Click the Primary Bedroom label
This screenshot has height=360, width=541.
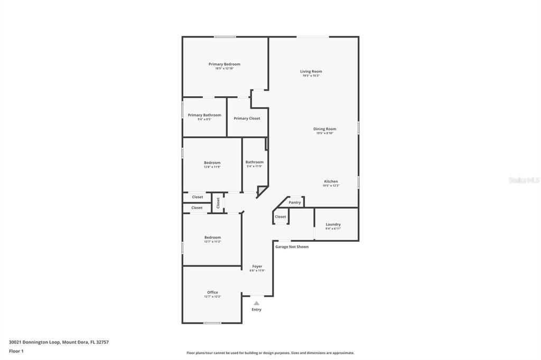pos(224,64)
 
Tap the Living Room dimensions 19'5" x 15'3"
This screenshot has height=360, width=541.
pos(311,76)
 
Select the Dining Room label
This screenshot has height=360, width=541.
pos(324,129)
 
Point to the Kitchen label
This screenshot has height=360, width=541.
pos(331,182)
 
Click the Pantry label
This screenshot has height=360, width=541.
pos(295,203)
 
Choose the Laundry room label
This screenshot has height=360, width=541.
pos(333,224)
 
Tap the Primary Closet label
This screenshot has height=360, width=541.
pos(247,119)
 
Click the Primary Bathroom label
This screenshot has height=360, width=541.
pos(204,115)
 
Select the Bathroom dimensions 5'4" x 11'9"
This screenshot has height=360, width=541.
pos(254,167)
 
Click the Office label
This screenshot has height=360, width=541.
pos(212,292)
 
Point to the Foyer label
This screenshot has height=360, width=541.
pos(257,267)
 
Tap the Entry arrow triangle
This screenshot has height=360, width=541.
pos(256,304)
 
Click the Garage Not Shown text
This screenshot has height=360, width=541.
pos(292,247)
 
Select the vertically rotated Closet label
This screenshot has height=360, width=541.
pos(218,203)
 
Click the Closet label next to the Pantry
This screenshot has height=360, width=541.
pos(281,217)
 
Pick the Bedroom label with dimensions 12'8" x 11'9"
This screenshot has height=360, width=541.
pos(212,163)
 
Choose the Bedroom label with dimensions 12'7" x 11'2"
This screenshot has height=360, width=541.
pos(212,238)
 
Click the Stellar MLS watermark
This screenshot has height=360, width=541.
pos(524,180)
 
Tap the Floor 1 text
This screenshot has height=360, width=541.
pos(16,351)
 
